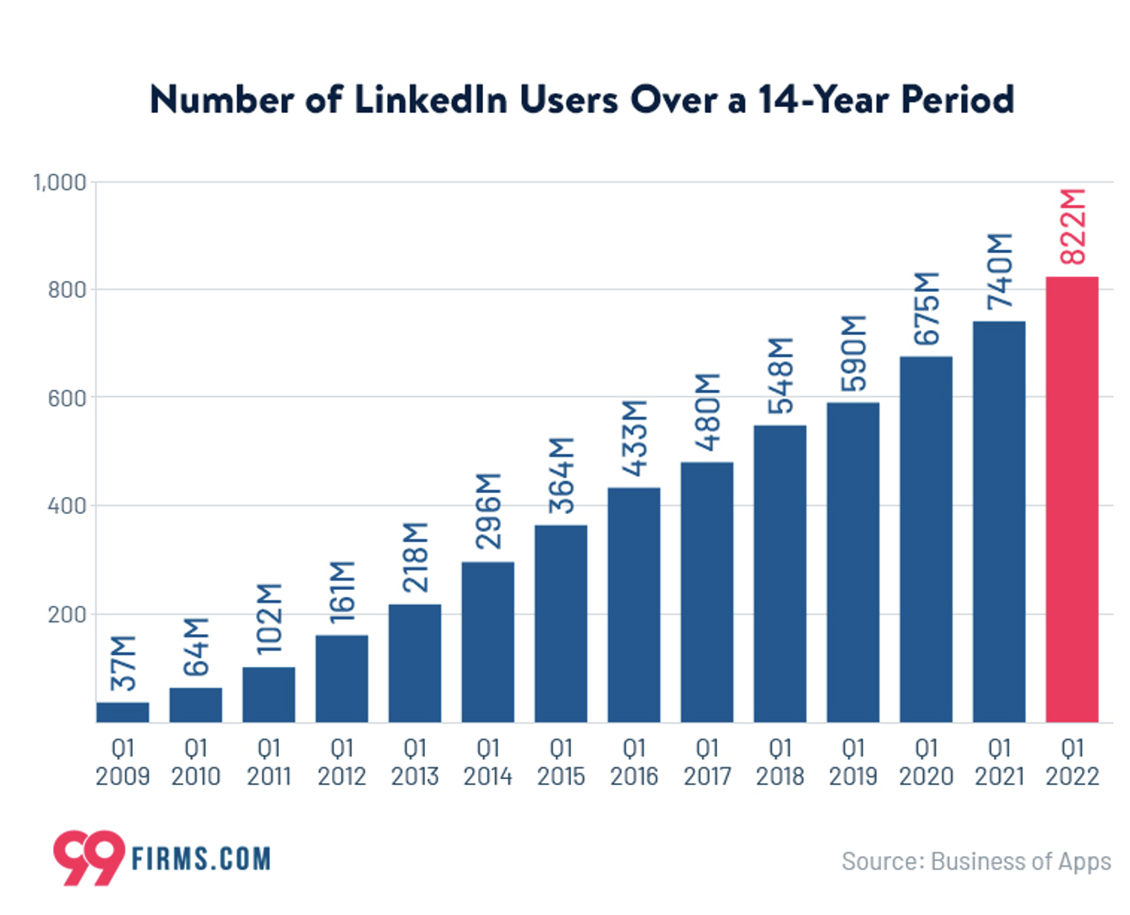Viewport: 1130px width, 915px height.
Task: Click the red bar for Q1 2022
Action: (x=1072, y=499)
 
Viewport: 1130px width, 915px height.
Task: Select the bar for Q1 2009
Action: (x=122, y=712)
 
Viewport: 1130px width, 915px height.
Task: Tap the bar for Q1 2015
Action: (x=561, y=623)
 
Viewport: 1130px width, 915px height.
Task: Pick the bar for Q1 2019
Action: (x=853, y=562)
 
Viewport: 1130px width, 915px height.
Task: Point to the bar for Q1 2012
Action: (x=342, y=678)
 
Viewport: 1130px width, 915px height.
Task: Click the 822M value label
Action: (x=1073, y=226)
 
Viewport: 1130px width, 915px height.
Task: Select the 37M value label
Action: (x=123, y=663)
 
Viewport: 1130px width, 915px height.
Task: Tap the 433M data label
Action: (x=634, y=438)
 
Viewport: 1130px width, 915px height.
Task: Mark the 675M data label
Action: (x=926, y=308)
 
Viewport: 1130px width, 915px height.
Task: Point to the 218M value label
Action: (x=416, y=556)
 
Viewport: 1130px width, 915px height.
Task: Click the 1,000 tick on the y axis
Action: (x=60, y=182)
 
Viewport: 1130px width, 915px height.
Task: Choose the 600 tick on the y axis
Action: (x=67, y=398)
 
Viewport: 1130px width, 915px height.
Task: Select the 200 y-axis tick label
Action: (x=67, y=614)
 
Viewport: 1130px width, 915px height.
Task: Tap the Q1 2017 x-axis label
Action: (x=707, y=762)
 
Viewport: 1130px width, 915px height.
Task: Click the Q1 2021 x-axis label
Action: (x=999, y=762)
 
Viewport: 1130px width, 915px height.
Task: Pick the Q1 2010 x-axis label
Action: (x=196, y=762)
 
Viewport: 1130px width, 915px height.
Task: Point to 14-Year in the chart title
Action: (x=825, y=100)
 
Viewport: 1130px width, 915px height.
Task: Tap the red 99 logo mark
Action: (x=88, y=858)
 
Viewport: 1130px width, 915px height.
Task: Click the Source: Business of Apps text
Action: (x=975, y=861)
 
